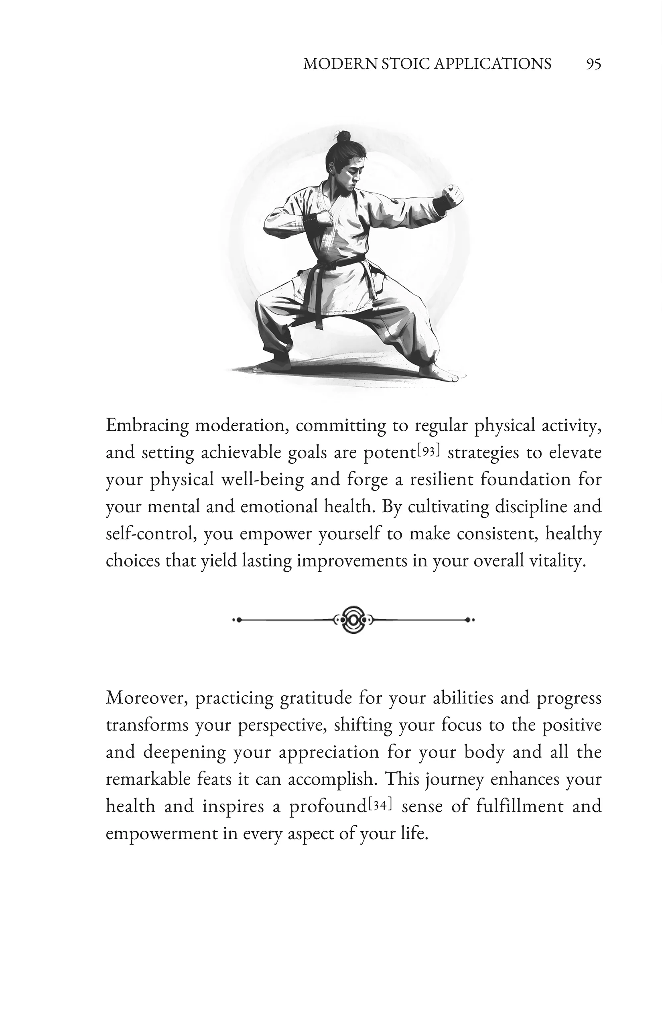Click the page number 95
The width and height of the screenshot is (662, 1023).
[593, 64]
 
